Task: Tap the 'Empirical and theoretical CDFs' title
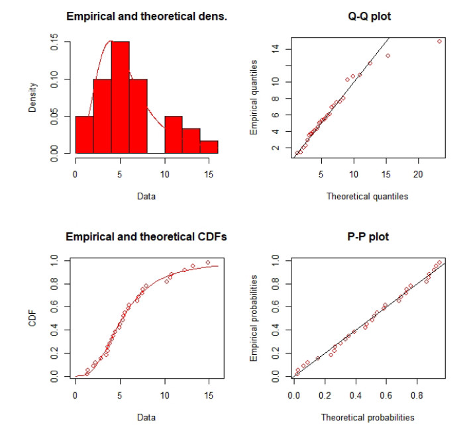click(146, 236)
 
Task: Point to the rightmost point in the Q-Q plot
click(439, 41)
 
